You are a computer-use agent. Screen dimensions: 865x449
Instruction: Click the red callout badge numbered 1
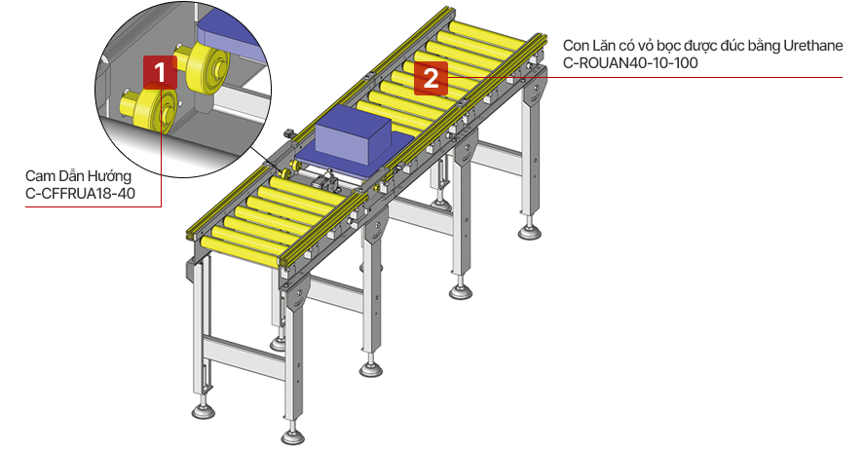tap(160, 72)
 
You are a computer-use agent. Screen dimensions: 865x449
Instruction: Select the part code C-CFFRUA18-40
tap(81, 194)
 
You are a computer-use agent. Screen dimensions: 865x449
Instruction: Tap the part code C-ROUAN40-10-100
tap(630, 63)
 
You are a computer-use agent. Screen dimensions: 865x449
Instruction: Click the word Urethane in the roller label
tap(813, 45)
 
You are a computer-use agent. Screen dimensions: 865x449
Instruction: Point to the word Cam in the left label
tap(39, 176)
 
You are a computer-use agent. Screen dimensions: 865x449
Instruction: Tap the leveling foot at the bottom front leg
tap(293, 435)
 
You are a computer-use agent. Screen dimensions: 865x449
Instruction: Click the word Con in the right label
tap(576, 45)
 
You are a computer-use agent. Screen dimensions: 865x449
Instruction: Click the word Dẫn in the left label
tap(68, 176)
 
